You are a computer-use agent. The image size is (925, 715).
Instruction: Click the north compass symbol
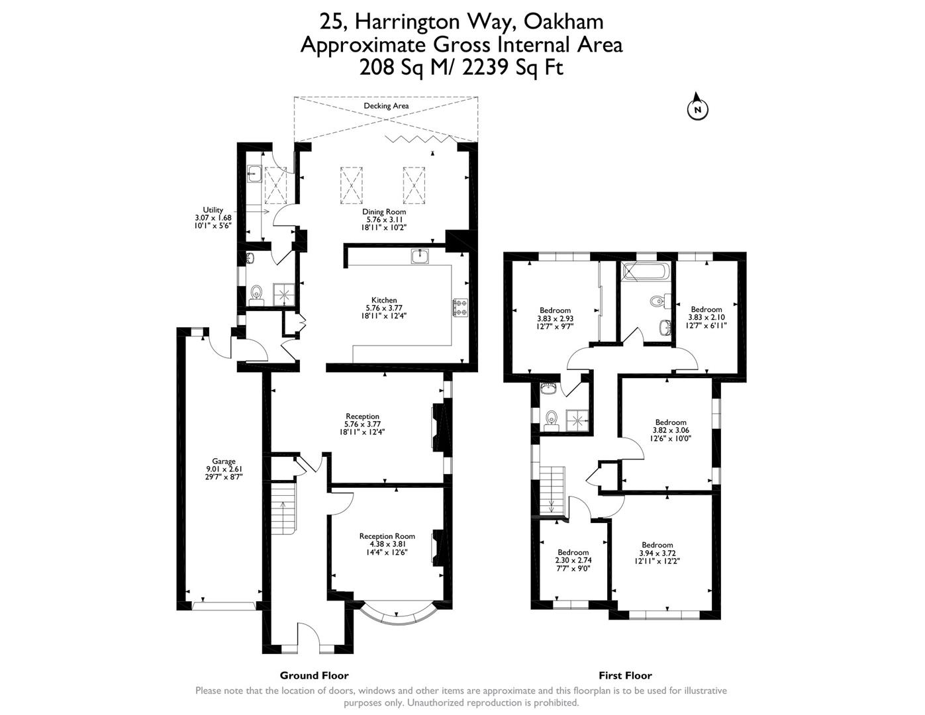coord(697,109)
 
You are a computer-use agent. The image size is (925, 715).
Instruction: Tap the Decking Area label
coord(386,106)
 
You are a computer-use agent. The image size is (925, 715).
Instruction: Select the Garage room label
coord(224,461)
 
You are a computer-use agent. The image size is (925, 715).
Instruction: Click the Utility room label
coord(213,210)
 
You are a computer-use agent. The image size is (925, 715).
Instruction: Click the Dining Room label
coord(384,212)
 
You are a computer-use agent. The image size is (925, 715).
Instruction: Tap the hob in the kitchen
coord(460,307)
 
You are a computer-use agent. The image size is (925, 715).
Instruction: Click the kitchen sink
coord(418,256)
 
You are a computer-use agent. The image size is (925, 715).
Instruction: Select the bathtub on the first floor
coord(646,271)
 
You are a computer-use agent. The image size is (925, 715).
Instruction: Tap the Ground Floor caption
coord(314,675)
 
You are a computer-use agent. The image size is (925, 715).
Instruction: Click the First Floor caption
coord(625,675)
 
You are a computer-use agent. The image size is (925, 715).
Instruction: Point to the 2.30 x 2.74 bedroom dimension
coord(573,560)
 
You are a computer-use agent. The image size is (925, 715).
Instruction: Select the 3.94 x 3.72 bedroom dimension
coord(657,553)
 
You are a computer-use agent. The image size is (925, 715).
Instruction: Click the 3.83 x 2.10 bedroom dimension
coord(706,317)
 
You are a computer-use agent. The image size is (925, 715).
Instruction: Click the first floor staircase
coord(552,490)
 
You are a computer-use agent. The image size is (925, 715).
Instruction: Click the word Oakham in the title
coord(563,22)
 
